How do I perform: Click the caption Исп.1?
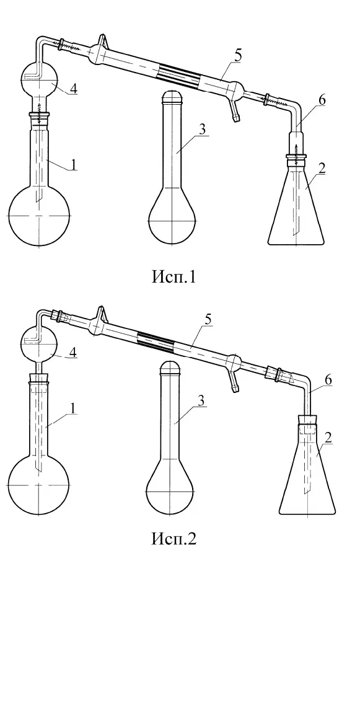click(173, 276)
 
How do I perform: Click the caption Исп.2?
click(173, 538)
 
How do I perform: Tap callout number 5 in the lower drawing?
click(208, 320)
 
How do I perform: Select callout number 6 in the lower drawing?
click(328, 380)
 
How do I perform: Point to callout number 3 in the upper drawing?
click(202, 130)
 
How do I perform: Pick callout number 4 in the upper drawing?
click(72, 88)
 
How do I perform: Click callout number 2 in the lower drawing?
click(328, 438)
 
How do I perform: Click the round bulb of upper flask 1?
click(40, 216)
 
